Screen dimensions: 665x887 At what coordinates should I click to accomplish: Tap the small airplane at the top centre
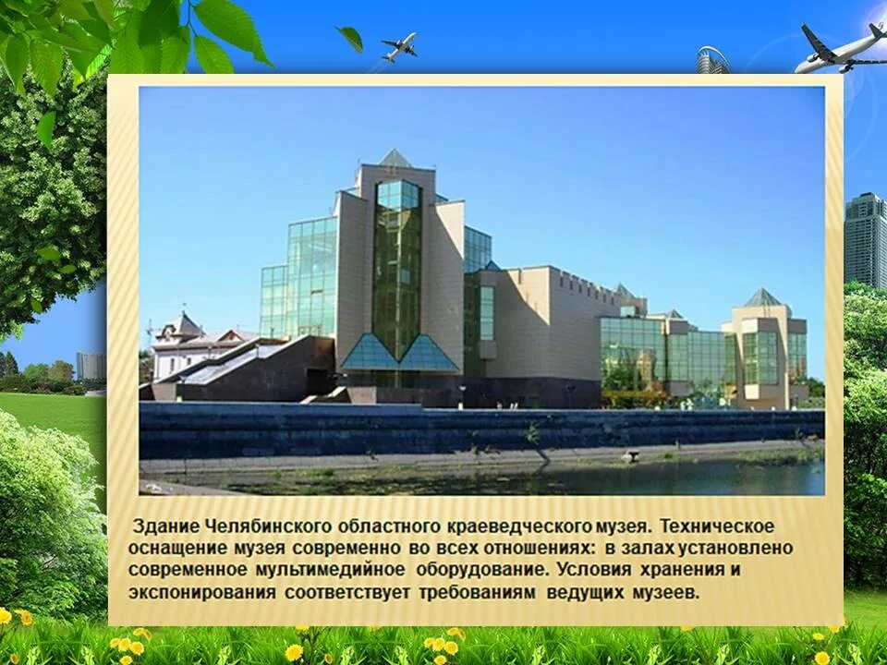[398, 45]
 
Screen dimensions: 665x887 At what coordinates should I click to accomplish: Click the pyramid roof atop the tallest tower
[395, 159]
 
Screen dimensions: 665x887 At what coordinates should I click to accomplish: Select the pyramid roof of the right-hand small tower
[763, 297]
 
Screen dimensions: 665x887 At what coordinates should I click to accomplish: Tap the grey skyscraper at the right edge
[865, 240]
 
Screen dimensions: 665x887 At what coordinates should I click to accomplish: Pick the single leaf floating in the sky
[350, 38]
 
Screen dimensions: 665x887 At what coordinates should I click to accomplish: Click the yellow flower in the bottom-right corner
[820, 658]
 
